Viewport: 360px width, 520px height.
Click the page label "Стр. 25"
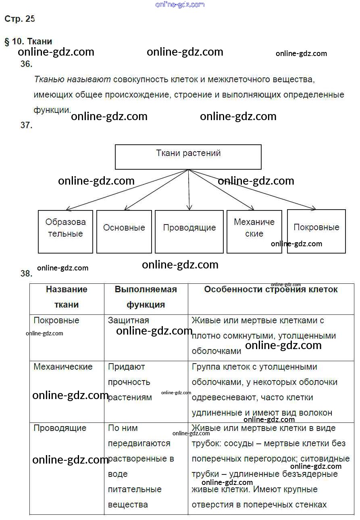coord(19,19)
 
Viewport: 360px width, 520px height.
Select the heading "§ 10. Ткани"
coord(28,41)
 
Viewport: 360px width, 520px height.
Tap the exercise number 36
coord(26,64)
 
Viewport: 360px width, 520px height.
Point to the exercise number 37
coord(26,125)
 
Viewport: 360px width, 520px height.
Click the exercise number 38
coord(26,273)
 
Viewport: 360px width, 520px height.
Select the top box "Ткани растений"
coord(188,157)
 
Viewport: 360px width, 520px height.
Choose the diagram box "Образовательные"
coord(65,231)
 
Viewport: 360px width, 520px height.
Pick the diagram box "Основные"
coord(124,231)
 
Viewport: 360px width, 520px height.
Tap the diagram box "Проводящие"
coord(189,231)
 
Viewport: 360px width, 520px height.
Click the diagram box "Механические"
coord(254,231)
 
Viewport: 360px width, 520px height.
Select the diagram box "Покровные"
coord(316,231)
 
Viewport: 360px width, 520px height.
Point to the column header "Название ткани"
coord(67,297)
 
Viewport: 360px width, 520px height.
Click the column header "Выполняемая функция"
coord(146,297)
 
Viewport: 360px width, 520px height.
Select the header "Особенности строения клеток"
coord(271,289)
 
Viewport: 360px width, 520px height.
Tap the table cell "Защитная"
coord(129,320)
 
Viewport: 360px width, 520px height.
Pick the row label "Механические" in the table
coord(63,367)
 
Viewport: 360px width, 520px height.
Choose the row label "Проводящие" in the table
coord(60,428)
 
